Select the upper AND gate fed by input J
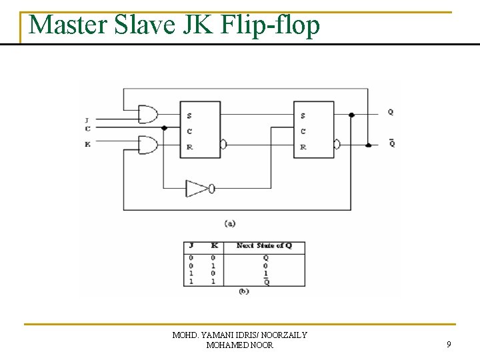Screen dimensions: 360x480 pos(147,115)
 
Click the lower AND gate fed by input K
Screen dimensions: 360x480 pos(147,143)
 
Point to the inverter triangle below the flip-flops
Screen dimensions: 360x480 pos(197,189)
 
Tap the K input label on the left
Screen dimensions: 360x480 pos(87,144)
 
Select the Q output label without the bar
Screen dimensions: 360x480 pos(391,113)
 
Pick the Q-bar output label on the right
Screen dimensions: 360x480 pos(391,143)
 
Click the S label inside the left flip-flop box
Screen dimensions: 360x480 pos(190,116)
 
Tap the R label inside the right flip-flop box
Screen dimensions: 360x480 pos(303,147)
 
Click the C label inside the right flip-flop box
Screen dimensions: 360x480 pos(303,131)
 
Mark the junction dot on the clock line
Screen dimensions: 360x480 pos(164,128)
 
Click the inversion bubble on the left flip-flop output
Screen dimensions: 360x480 pos(224,144)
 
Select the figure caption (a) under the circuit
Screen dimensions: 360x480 pos(230,223)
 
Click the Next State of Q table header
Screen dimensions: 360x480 pos(264,246)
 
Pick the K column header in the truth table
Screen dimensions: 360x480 pos(215,246)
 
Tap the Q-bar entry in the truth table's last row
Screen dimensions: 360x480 pos(265,282)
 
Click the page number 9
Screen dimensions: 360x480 pos(449,345)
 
